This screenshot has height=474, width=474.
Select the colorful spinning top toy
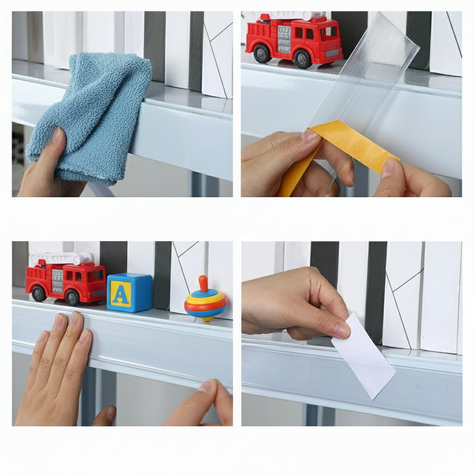205,301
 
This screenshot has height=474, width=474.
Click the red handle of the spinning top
204,283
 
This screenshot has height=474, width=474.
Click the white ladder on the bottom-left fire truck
62,259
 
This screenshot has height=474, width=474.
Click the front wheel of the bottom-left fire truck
72,296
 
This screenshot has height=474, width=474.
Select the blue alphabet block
129,292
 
